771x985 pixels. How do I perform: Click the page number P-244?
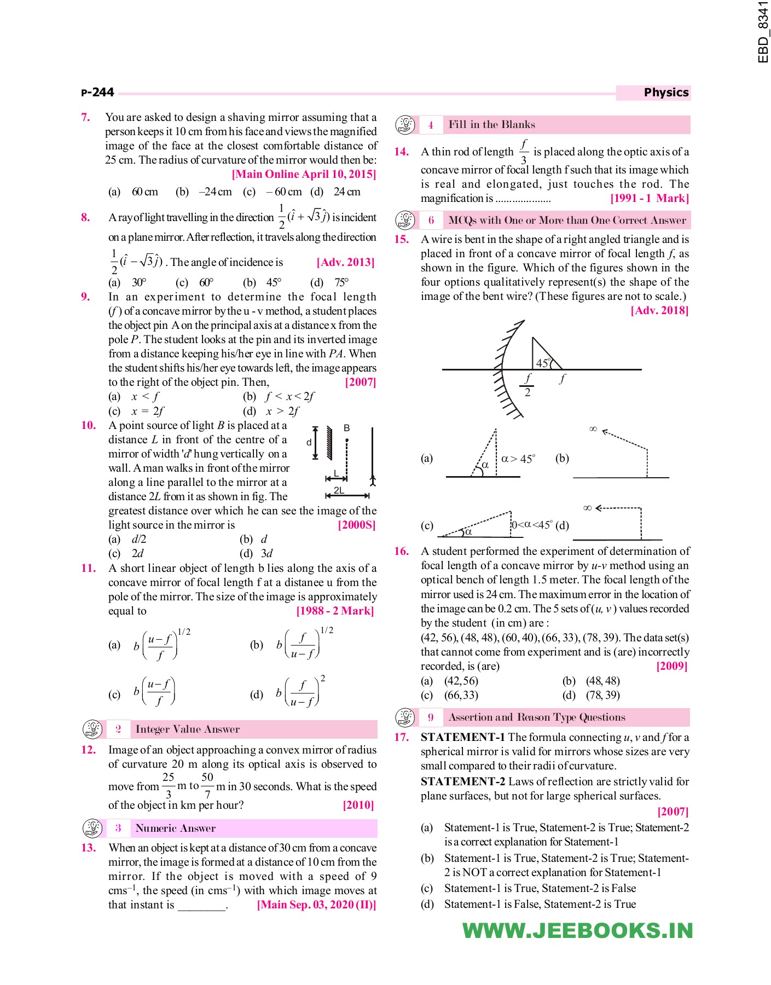click(x=97, y=92)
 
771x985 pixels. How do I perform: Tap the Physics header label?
click(x=665, y=92)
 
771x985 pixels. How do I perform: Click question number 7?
click(x=85, y=117)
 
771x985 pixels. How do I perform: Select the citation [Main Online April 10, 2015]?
click(x=304, y=174)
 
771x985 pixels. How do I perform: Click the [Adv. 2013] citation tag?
click(x=345, y=262)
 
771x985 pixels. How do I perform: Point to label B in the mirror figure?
click(x=346, y=428)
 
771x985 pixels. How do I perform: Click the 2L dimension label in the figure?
click(x=339, y=490)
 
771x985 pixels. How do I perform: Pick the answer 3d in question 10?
click(x=266, y=553)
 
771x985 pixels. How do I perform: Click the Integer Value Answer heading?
click(x=187, y=729)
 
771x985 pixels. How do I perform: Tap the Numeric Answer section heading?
click(x=175, y=828)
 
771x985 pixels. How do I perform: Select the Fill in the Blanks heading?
click(x=491, y=125)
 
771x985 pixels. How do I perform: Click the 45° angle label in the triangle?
click(x=543, y=363)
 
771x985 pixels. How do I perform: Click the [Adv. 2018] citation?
click(x=659, y=310)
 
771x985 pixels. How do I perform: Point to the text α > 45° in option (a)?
click(x=518, y=459)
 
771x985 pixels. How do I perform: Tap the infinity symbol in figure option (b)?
click(x=593, y=429)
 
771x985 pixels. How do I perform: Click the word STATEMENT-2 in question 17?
click(x=462, y=781)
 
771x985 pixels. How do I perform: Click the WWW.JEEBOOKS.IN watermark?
click(x=577, y=931)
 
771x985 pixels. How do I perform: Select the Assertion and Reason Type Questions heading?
click(x=536, y=717)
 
